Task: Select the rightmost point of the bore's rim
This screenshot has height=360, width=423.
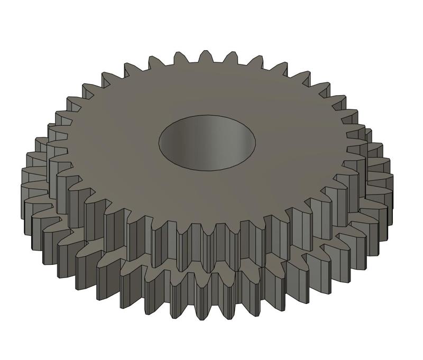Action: tap(255, 142)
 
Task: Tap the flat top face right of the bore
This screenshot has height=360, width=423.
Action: tap(296, 143)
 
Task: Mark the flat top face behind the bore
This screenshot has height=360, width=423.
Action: tap(206, 87)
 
